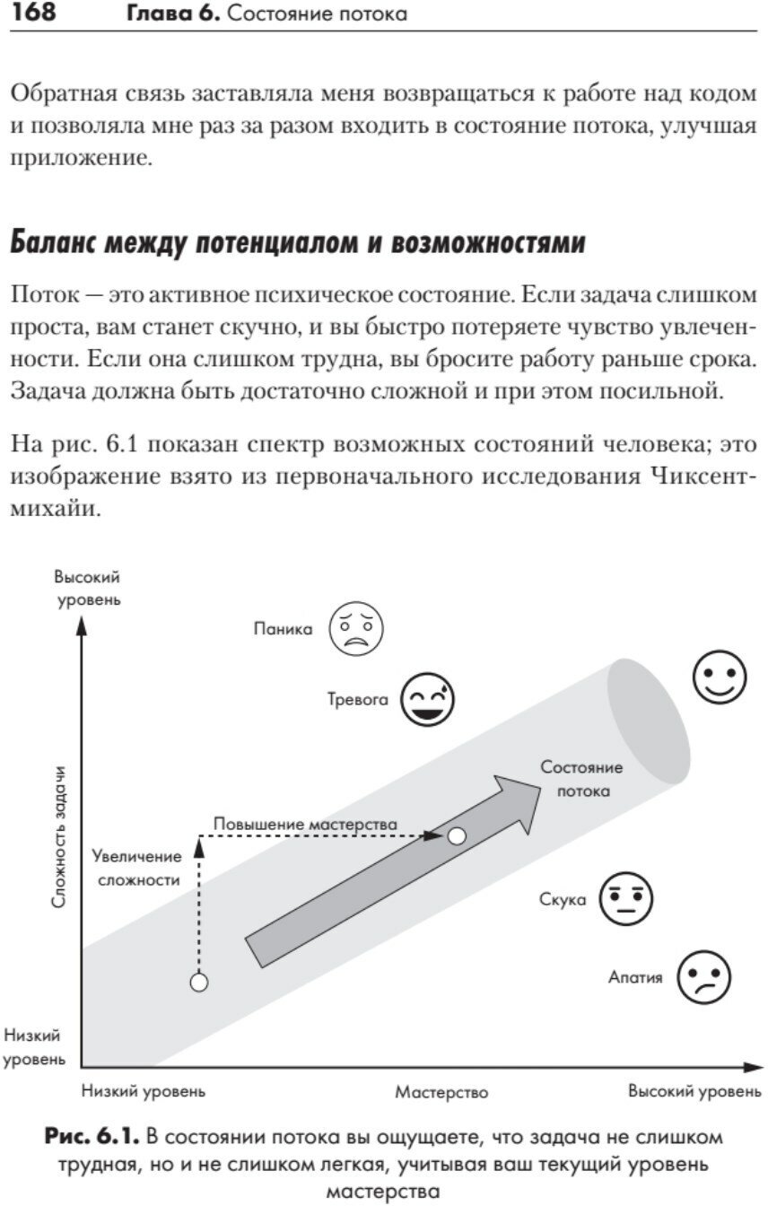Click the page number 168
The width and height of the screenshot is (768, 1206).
click(31, 13)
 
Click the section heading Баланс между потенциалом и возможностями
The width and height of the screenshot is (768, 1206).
click(297, 243)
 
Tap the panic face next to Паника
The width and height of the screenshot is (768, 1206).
click(356, 629)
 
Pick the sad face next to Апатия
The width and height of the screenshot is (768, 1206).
click(704, 977)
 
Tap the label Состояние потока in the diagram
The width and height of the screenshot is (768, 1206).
click(581, 779)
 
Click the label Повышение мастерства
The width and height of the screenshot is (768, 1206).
click(305, 823)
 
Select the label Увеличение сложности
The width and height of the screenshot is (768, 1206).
click(137, 868)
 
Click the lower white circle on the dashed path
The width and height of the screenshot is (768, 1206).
click(199, 983)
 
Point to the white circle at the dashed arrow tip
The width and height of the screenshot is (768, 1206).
click(457, 836)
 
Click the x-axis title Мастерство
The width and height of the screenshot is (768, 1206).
click(441, 1092)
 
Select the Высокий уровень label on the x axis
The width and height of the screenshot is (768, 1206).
click(694, 1091)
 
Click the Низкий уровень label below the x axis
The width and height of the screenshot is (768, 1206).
click(144, 1091)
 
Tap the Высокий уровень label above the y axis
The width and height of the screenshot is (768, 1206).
click(87, 588)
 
